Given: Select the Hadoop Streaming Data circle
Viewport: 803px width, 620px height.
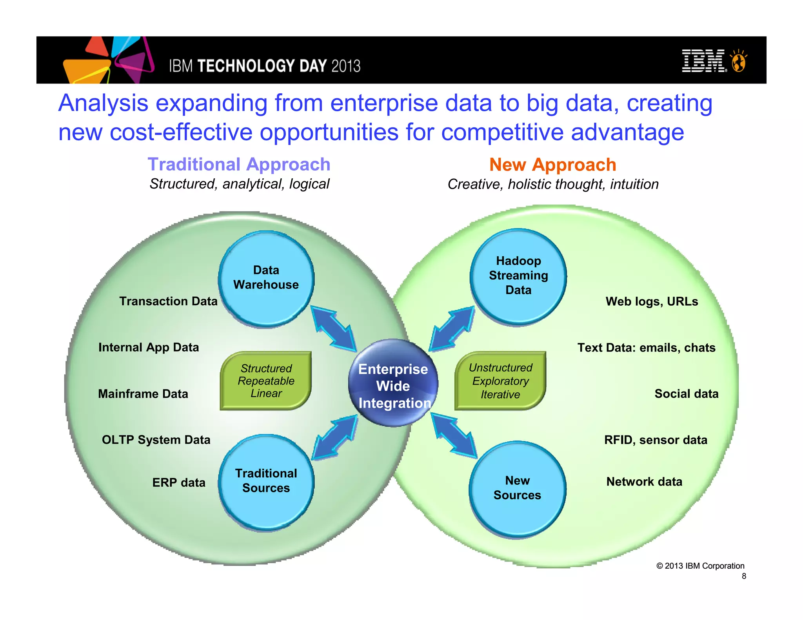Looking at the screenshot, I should click(x=518, y=276).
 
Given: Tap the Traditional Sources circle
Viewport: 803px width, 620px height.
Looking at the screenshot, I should click(x=266, y=482).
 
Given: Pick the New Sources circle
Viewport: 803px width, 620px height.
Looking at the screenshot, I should click(x=518, y=489).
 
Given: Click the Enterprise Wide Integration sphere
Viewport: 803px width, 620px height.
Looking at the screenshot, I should click(x=393, y=383).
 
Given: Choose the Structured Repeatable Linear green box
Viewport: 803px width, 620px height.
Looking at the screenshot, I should click(x=266, y=381).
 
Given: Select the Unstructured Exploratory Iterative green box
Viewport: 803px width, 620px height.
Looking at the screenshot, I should click(x=500, y=381).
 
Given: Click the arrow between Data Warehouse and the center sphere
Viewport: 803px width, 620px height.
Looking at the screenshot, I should click(x=334, y=328).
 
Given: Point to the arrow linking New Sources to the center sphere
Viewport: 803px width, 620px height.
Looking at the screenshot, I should click(x=454, y=435).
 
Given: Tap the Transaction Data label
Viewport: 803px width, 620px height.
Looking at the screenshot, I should click(x=168, y=301).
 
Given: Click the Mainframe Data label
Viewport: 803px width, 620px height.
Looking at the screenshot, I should click(x=143, y=393).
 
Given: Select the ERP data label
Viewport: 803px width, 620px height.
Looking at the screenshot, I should click(x=179, y=482).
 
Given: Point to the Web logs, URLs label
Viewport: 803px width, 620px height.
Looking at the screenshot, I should click(x=652, y=301).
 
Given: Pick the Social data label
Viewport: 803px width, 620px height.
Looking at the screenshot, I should click(x=686, y=393).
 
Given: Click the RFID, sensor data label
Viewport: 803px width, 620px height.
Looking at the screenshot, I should click(x=656, y=440).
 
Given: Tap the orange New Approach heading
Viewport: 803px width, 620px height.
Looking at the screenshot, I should click(x=552, y=165).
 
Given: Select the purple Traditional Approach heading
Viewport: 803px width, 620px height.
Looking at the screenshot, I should click(x=239, y=164).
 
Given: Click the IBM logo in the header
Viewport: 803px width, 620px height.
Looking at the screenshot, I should click(x=704, y=61).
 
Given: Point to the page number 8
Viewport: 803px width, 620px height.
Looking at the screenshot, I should click(x=744, y=576).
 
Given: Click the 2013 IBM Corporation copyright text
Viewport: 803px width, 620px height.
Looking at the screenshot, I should click(x=700, y=566).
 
